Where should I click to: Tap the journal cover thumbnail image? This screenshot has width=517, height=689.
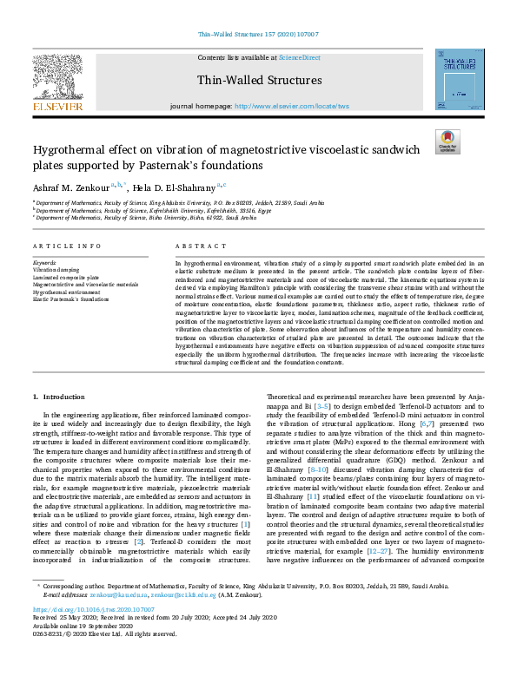coord(460,79)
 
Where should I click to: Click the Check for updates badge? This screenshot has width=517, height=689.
coord(447,141)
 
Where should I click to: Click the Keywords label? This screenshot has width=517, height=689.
coord(44,261)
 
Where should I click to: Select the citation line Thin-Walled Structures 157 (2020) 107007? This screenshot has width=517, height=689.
coord(258,35)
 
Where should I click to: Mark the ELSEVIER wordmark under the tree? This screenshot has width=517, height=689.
coord(58,107)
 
